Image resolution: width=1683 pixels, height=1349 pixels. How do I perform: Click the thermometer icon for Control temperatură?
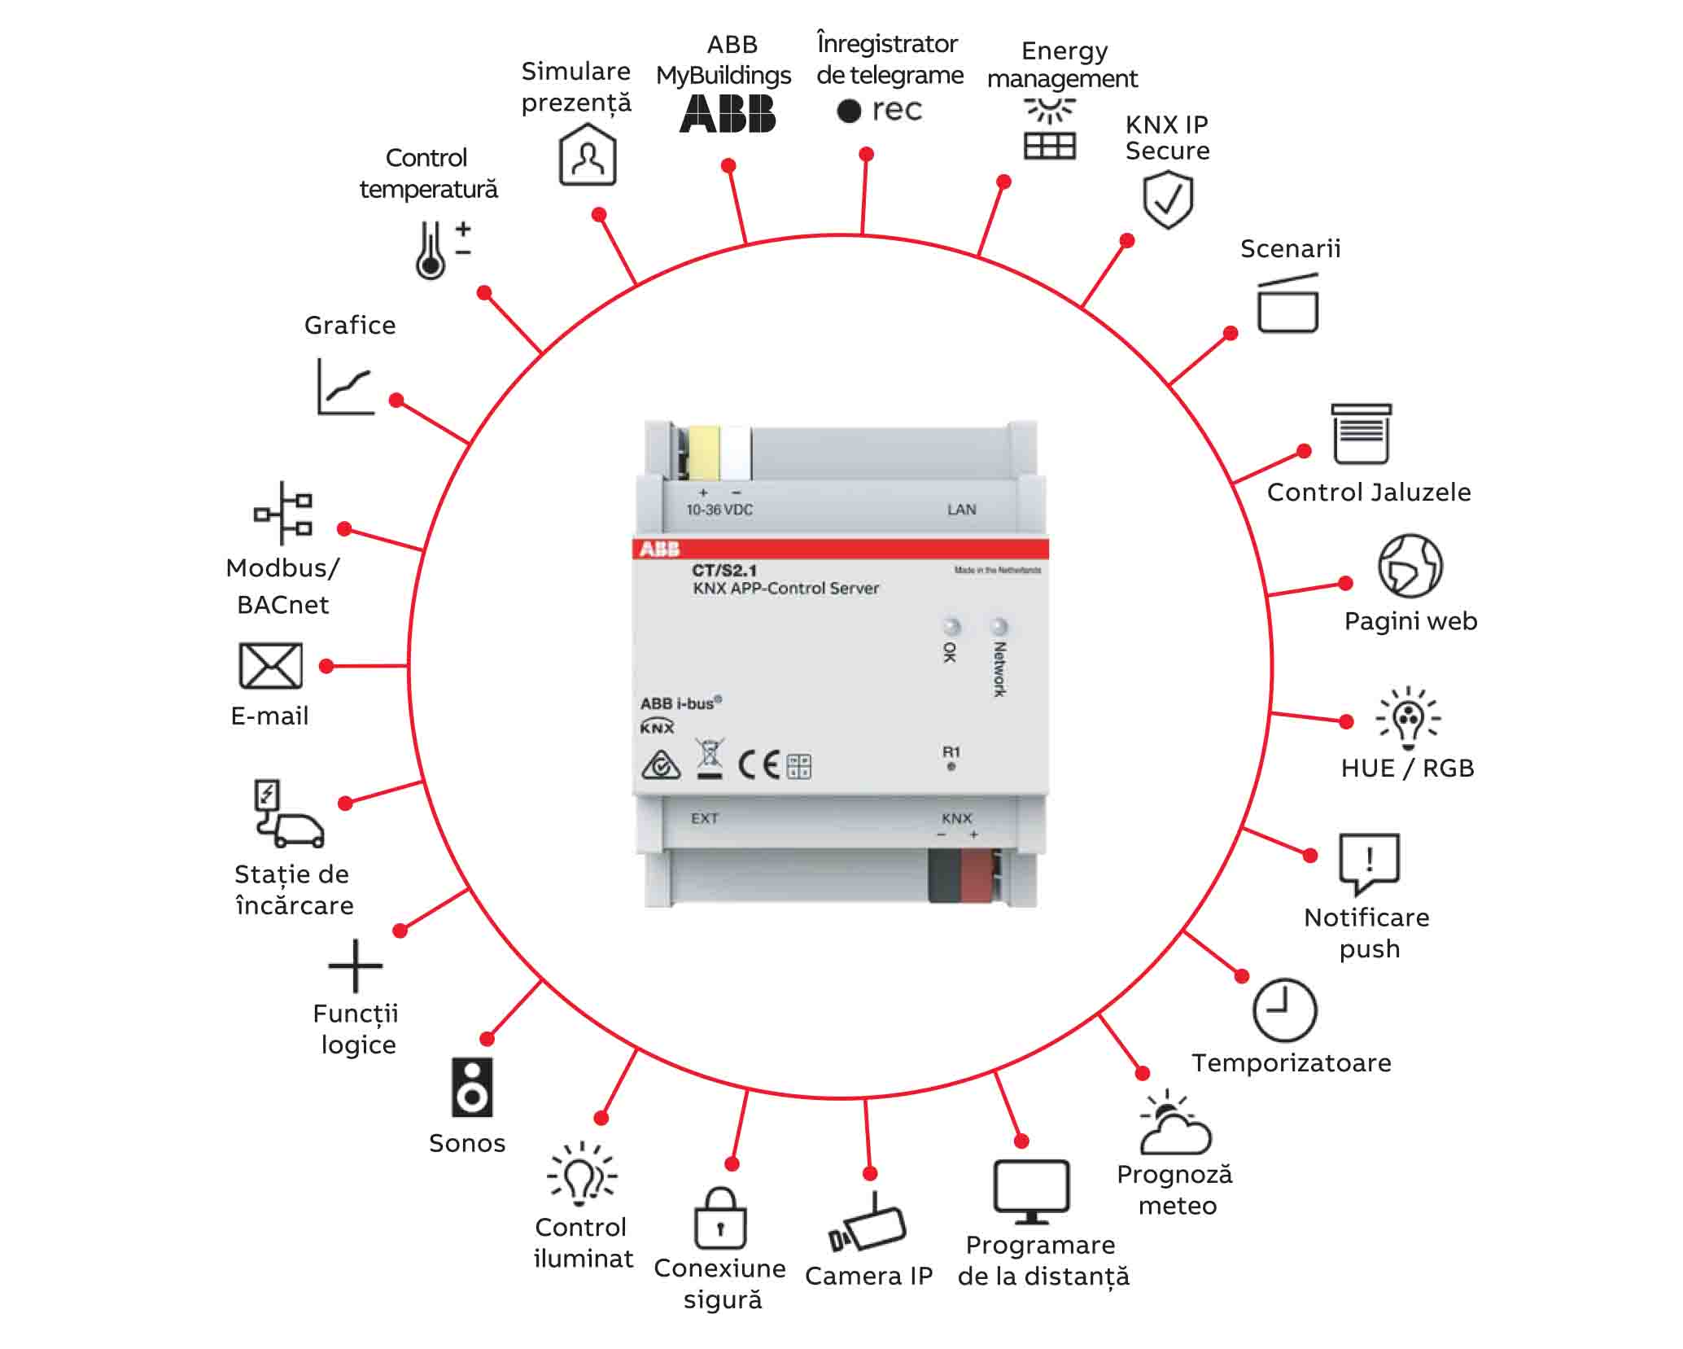[x=431, y=251]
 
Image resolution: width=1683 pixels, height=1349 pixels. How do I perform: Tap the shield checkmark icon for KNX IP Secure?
[x=1168, y=201]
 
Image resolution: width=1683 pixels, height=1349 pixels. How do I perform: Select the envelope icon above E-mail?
[x=270, y=665]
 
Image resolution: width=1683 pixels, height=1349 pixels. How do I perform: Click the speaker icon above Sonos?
[x=472, y=1088]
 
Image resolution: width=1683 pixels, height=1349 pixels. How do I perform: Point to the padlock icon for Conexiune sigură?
[x=720, y=1219]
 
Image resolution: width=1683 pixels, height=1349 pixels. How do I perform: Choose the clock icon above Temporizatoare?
[x=1284, y=1010]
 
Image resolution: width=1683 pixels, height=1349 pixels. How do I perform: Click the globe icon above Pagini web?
[x=1410, y=566]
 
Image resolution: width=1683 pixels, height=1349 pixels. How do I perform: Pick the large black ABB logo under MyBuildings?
[x=728, y=114]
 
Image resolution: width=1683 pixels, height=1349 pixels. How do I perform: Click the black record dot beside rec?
[x=849, y=111]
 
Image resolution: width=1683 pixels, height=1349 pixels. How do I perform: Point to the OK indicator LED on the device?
[x=951, y=627]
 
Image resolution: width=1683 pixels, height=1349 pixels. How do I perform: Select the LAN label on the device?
[x=961, y=510]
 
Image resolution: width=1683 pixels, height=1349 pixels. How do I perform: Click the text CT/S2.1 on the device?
[x=724, y=570]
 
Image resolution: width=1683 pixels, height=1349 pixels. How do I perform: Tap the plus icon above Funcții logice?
[x=355, y=966]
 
